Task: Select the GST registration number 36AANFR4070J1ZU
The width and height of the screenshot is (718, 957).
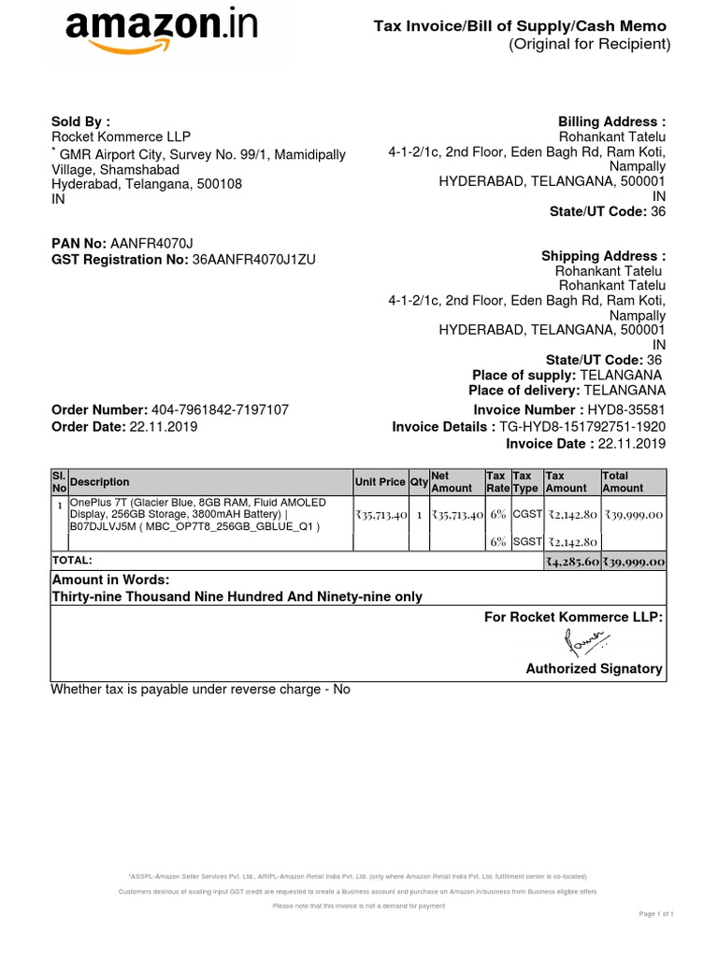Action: [254, 259]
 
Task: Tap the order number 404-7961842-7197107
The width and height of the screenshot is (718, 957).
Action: [219, 410]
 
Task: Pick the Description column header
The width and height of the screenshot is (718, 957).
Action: [100, 482]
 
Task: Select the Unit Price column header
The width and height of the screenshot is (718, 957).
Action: [380, 482]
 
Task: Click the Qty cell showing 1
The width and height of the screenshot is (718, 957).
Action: [419, 515]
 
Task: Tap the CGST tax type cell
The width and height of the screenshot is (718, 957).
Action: [527, 515]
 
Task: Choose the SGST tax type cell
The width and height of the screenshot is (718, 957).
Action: [527, 541]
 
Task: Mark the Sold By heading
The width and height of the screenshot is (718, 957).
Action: [80, 121]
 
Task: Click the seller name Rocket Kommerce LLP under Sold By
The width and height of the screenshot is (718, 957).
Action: [121, 137]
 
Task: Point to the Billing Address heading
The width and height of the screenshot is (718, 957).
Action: [611, 121]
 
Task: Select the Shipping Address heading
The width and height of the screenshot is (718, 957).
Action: [603, 256]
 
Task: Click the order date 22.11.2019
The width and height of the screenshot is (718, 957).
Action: [164, 426]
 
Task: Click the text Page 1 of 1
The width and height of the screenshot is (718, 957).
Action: [656, 913]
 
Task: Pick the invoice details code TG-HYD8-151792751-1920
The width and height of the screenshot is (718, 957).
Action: [583, 427]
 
